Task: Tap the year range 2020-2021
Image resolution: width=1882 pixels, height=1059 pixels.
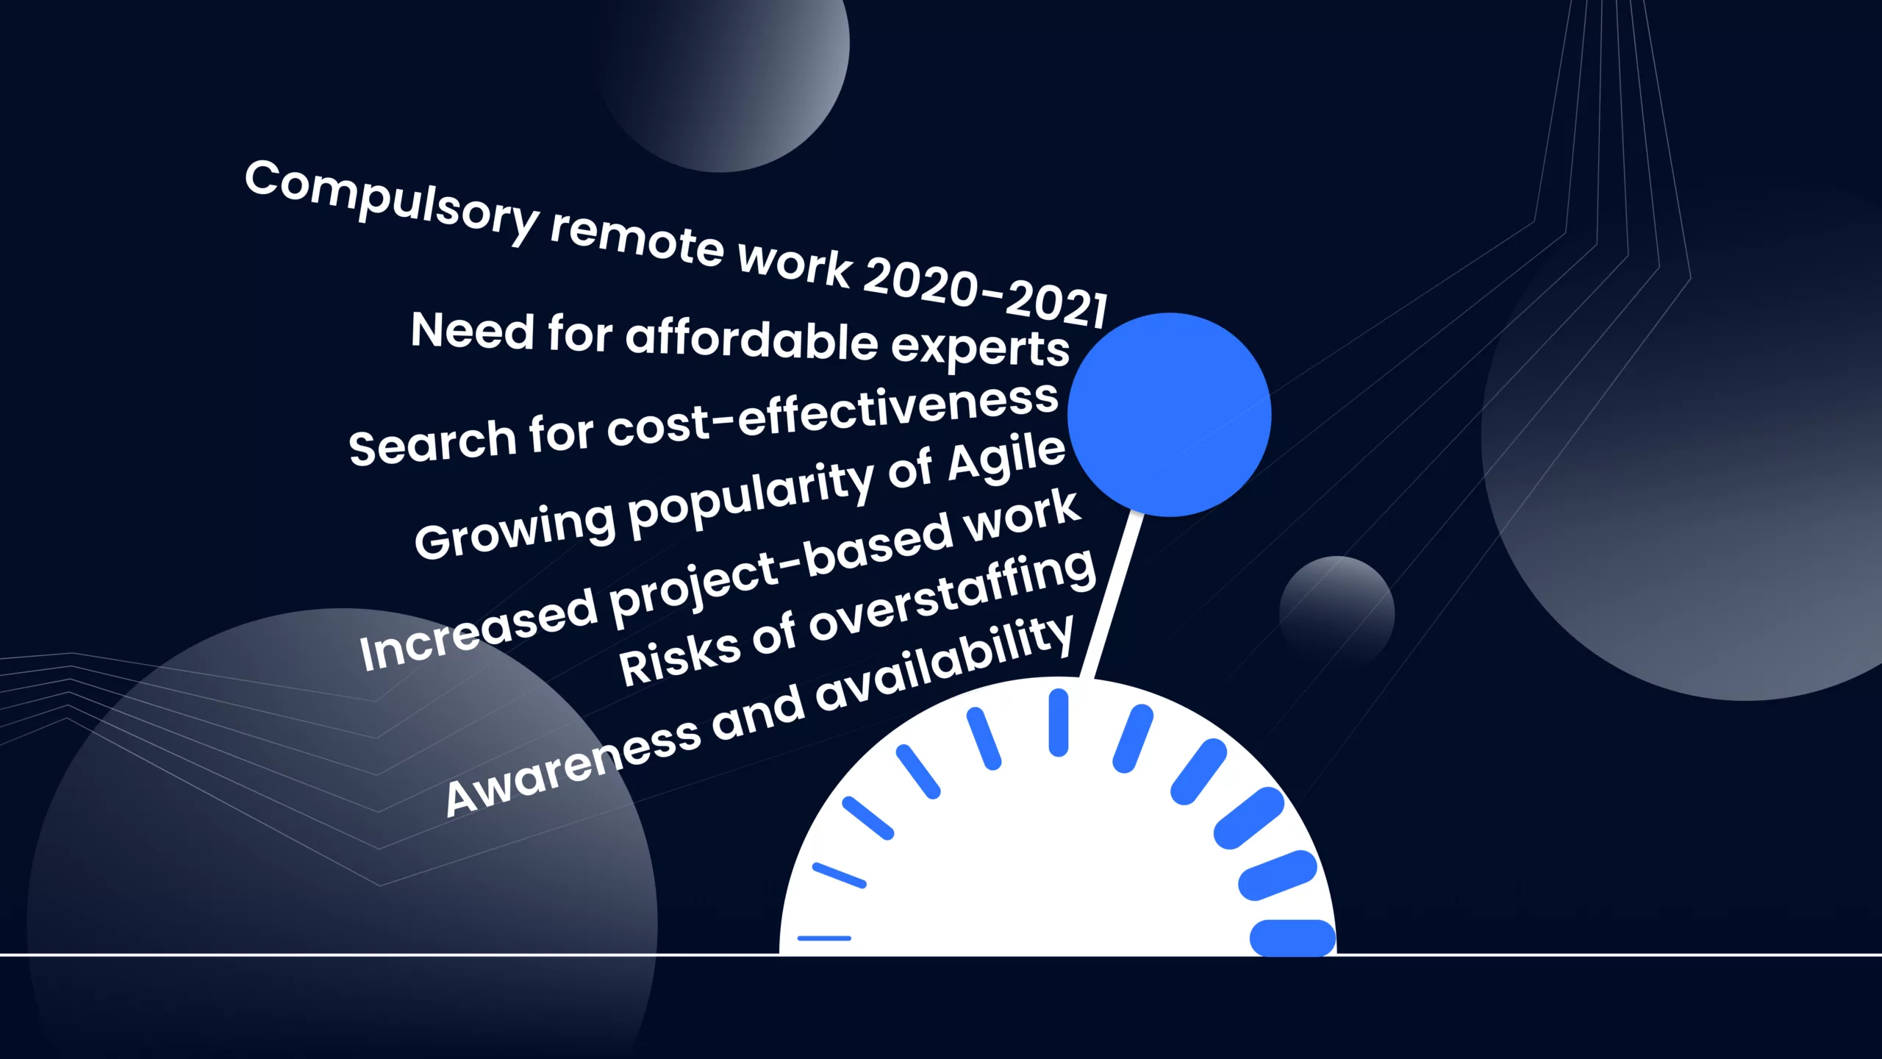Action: tap(985, 292)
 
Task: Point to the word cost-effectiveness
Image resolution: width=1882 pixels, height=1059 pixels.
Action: tap(833, 415)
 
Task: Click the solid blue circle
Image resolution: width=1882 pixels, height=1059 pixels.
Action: tap(1169, 415)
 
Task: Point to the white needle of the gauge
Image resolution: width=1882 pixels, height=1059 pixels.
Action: tap(1111, 594)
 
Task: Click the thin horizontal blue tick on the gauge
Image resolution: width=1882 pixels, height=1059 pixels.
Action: tap(824, 938)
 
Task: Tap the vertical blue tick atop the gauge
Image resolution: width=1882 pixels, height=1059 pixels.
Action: tap(1059, 722)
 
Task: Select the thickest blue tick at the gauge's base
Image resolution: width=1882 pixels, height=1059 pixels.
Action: tap(1293, 938)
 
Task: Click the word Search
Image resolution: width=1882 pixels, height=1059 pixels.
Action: tap(433, 443)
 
